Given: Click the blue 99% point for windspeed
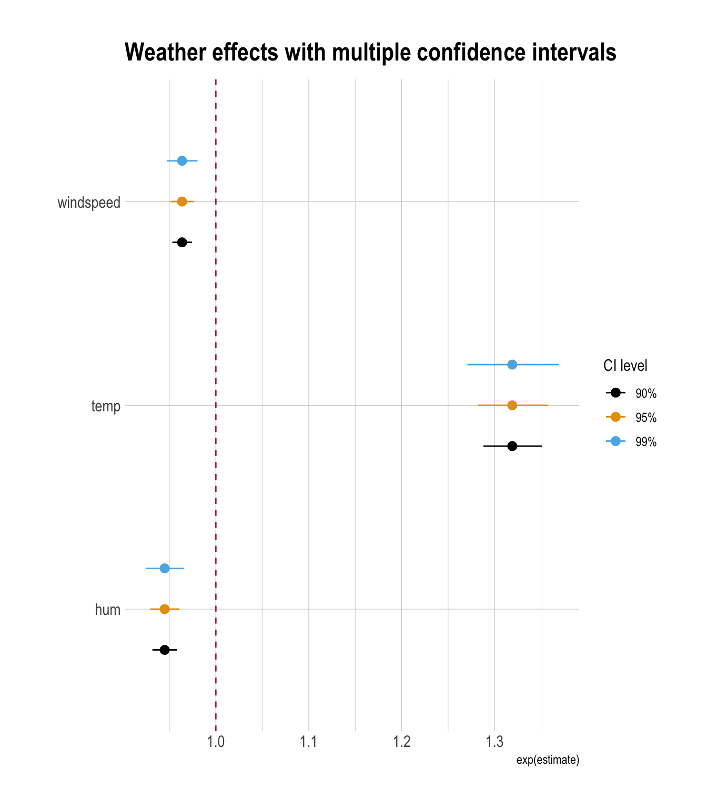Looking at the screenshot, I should click(182, 160).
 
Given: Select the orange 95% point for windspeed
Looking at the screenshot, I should click(182, 201).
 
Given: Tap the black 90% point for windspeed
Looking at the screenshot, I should click(182, 243).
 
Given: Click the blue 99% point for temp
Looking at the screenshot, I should click(512, 365).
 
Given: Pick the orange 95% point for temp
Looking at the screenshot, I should click(512, 405).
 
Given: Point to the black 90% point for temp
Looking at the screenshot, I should click(512, 446).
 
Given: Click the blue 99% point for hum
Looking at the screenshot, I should click(165, 568).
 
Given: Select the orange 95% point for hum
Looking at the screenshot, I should click(165, 609).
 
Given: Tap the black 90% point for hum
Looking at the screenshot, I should click(165, 650).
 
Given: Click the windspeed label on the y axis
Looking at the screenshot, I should click(89, 203).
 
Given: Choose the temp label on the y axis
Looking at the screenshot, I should click(106, 406).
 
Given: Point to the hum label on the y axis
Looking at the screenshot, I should click(108, 610).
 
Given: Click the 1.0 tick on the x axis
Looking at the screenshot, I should click(216, 742).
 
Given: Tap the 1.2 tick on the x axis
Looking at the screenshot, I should click(402, 742).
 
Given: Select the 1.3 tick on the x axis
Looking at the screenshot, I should click(494, 742).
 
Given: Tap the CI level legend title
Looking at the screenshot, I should click(625, 366).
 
